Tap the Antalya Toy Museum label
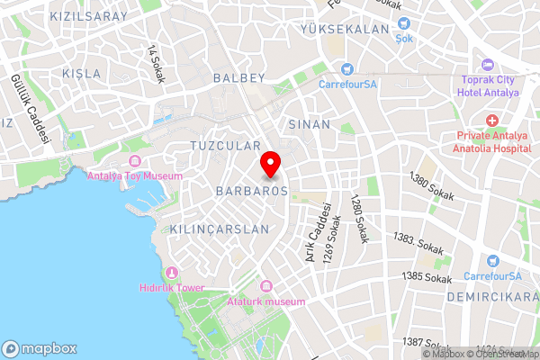point(134,175)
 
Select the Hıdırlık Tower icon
point(171,273)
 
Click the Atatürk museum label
point(266,301)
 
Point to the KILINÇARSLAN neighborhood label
point(219,229)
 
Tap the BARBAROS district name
point(251,192)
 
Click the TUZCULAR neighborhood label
point(225,145)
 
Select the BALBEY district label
point(239,78)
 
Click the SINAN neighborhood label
point(310,124)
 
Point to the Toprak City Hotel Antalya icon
point(487,65)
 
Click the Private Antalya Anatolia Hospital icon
point(491,121)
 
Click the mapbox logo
point(40,348)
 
